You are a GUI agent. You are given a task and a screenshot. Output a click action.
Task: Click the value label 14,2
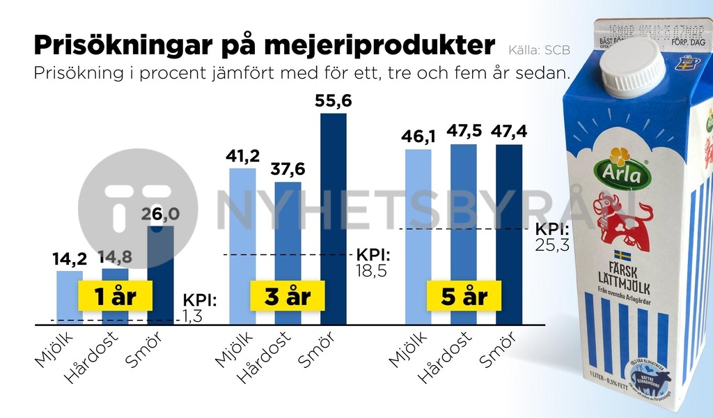70,259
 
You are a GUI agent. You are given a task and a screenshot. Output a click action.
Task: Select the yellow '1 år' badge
116,296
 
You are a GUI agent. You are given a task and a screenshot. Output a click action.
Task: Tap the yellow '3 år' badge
288,296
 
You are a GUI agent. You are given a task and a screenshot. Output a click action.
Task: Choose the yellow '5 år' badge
464,296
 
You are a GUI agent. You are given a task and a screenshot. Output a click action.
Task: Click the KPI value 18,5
371,270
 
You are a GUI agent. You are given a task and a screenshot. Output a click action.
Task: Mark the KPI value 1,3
192,317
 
